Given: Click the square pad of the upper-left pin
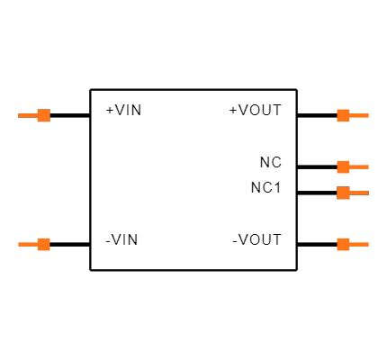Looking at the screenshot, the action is [43, 115].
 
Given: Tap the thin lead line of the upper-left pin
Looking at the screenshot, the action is [27, 115].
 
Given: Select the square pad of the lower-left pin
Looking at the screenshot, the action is [43, 244].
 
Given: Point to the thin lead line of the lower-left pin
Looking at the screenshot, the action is [27, 244].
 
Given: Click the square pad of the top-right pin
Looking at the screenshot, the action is [343, 115].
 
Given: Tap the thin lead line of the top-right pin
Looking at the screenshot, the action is [359, 115].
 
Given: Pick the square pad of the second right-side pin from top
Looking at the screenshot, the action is [343, 166].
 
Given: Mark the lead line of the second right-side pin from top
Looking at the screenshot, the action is [359, 166].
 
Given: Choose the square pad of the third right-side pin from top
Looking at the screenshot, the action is [343, 193].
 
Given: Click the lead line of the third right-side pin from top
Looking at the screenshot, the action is [359, 193].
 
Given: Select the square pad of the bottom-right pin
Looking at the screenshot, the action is [343, 244].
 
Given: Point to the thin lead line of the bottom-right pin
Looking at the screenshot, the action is [359, 244].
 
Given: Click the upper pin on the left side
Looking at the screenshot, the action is [40, 115].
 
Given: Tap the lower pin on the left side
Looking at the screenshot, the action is [40, 244].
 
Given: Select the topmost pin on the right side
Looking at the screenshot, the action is [346, 115].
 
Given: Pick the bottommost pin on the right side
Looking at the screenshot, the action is [346, 244].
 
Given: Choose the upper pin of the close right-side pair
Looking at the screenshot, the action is [346, 166].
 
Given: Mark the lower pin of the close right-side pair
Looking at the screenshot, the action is [346, 193].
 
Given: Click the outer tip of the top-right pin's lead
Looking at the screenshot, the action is [367, 115].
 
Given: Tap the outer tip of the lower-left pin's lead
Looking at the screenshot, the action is [20, 244].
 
